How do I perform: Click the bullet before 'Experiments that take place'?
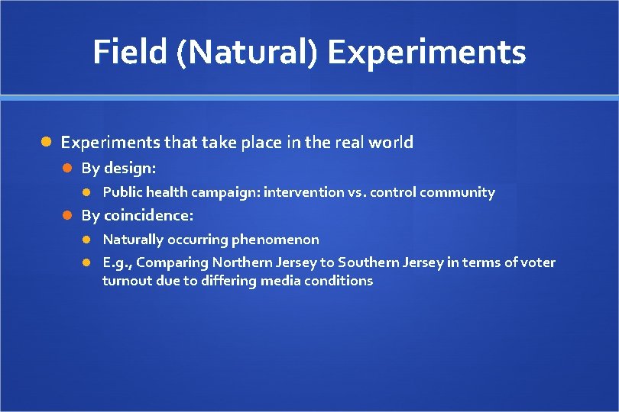[x=46, y=143]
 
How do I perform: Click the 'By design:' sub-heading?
[x=118, y=168]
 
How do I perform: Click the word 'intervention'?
[x=303, y=192]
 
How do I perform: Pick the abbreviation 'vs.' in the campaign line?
[x=357, y=192]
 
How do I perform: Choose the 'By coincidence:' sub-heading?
[x=137, y=215]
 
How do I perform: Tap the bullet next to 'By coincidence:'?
[x=67, y=216]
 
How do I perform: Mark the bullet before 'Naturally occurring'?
[x=88, y=240]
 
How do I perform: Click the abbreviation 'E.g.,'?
[x=118, y=262]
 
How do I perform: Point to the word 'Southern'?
[x=365, y=262]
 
